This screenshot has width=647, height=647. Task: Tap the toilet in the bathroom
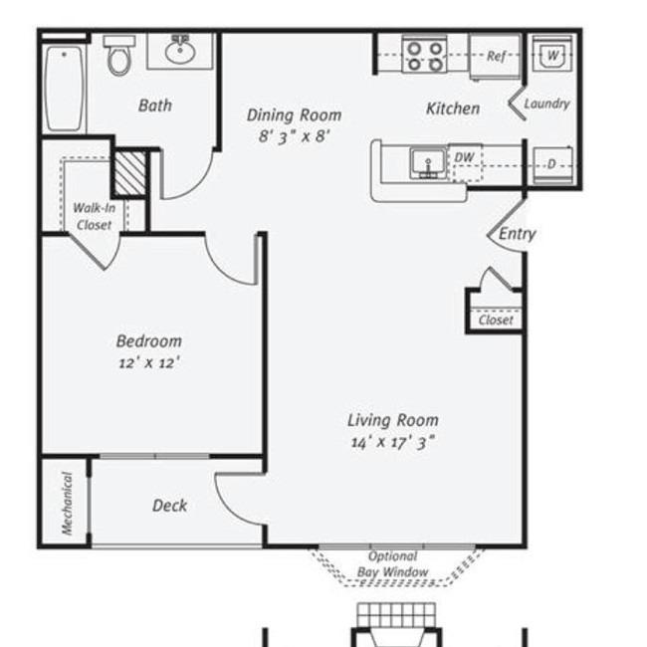click(119, 57)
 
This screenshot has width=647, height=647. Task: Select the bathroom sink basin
click(180, 51)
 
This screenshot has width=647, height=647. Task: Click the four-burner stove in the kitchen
click(425, 55)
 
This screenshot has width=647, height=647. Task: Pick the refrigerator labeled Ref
click(496, 57)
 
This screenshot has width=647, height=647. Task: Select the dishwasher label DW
click(464, 157)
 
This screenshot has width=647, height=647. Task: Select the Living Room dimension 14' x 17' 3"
click(392, 443)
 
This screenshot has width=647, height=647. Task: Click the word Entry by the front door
click(517, 234)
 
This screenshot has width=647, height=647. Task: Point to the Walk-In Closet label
click(95, 217)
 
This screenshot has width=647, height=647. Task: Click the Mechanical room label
click(67, 503)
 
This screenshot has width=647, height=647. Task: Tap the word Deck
click(169, 506)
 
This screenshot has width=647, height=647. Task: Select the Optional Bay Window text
click(393, 564)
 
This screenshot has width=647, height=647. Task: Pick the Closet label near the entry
click(496, 321)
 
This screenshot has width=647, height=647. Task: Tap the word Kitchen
click(453, 108)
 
